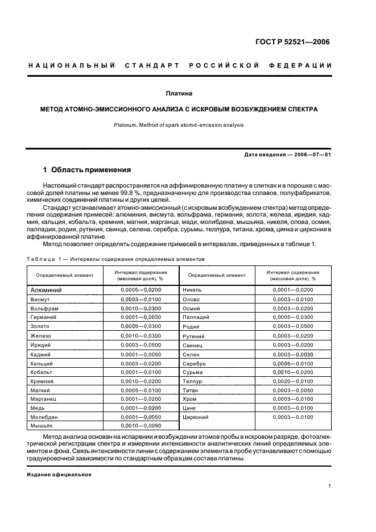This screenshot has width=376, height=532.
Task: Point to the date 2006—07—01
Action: [311, 155]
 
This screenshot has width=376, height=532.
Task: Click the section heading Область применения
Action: [91, 169]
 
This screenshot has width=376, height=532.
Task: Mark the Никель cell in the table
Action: [192, 290]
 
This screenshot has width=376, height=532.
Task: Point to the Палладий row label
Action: [196, 317]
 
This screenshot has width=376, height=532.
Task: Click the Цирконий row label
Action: [195, 417]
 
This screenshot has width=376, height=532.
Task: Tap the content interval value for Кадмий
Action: [141, 354]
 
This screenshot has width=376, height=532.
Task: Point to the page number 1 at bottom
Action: [330, 486]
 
